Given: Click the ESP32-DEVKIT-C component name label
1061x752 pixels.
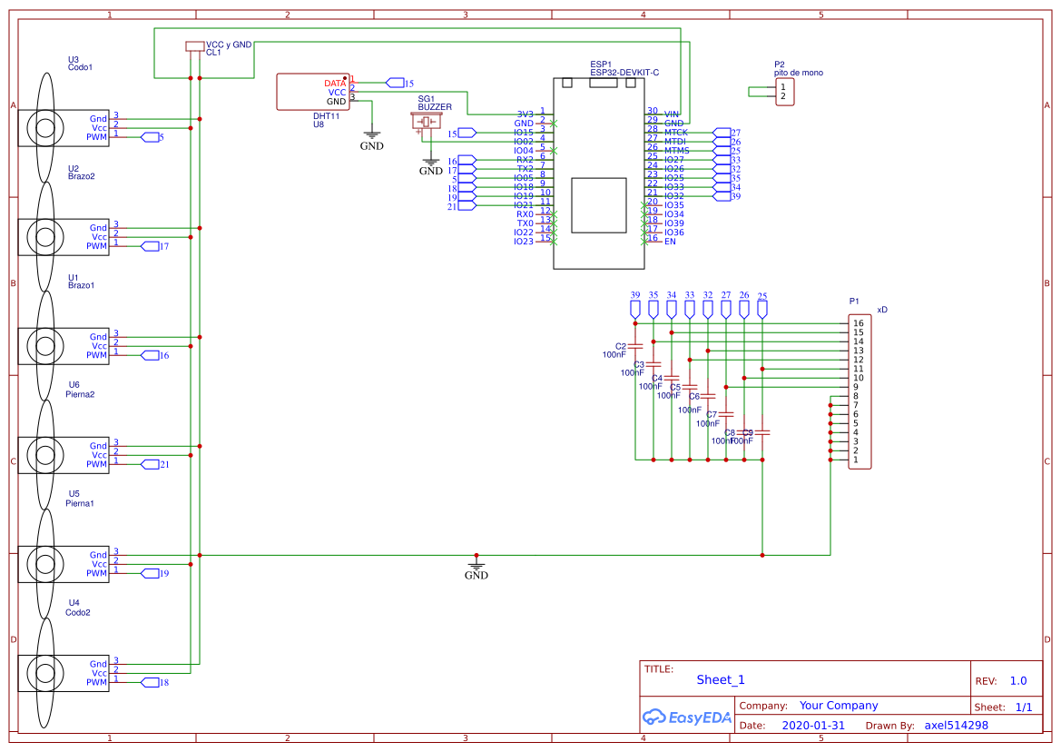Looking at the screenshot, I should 624,72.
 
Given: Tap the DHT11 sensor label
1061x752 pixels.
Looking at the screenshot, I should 326,116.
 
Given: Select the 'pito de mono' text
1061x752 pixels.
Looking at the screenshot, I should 799,73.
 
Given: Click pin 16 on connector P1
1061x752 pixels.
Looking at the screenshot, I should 858,323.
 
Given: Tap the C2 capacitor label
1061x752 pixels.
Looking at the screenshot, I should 621,346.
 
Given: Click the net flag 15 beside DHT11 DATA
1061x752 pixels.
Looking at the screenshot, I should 397,83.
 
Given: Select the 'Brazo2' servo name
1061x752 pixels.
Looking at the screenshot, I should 81,176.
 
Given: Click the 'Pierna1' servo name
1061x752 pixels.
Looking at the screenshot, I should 80,503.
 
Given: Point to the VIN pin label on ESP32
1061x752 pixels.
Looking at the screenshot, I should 672,114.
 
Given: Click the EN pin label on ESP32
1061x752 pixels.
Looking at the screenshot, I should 670,242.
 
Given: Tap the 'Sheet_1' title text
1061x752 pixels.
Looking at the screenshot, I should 721,679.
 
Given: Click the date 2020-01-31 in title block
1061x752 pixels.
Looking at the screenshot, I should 813,726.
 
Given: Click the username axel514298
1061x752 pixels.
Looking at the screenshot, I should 956,726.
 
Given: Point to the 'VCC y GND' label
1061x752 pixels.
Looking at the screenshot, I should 229,44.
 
